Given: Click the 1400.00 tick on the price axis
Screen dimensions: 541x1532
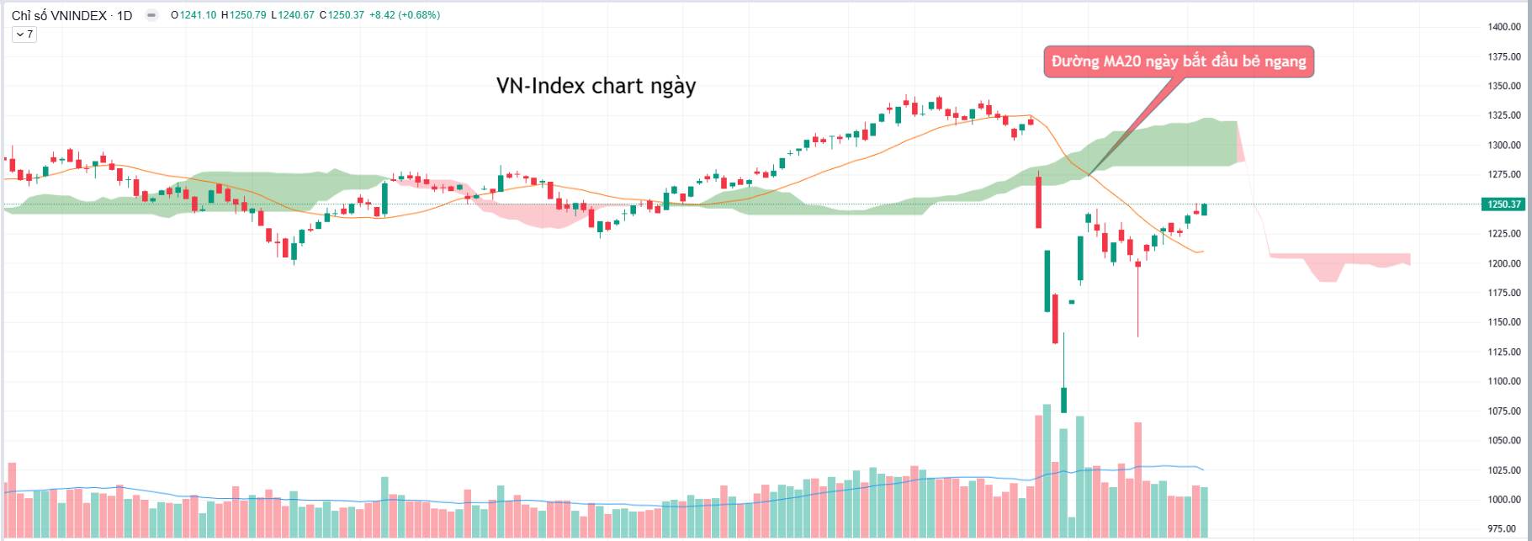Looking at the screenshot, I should (x=1503, y=27).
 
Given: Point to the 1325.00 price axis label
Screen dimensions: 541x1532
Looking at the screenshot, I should (x=1503, y=115).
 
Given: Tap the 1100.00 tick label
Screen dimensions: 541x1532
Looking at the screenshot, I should (x=1503, y=381).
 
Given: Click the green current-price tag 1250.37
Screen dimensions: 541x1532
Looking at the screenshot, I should (x=1503, y=204).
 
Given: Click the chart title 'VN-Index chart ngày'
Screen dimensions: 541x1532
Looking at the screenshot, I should (x=596, y=86).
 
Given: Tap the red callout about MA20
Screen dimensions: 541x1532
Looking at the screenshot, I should (x=1178, y=61).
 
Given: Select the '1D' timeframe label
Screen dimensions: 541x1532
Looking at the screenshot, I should (x=125, y=15).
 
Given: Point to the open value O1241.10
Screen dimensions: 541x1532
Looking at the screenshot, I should (x=193, y=15).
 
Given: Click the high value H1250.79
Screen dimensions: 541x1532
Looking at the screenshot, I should (x=244, y=15).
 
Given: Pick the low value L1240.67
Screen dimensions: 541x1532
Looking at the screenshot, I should (x=293, y=15).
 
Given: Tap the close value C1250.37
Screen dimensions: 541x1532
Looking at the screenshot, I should (x=342, y=15).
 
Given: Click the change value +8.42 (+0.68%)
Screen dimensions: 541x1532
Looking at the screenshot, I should (x=405, y=15).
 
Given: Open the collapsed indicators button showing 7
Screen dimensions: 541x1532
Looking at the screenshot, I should (x=24, y=34).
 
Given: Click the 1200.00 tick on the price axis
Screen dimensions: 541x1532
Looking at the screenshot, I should (x=1503, y=263).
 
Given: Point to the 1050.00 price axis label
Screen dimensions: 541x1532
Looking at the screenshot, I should (x=1503, y=441).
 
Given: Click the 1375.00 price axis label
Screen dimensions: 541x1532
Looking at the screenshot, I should (x=1503, y=57).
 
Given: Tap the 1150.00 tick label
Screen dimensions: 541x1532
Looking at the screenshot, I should (x=1503, y=322).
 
